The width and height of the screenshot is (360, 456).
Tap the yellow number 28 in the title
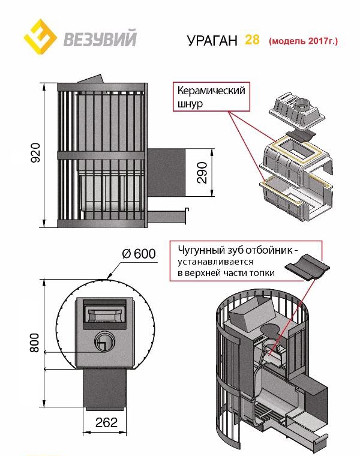coord(251,40)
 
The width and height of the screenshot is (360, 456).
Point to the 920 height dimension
coord(34,154)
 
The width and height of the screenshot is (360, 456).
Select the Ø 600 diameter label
coord(139,254)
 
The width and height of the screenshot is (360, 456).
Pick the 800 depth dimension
coord(34,343)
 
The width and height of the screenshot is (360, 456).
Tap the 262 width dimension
coord(106,422)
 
